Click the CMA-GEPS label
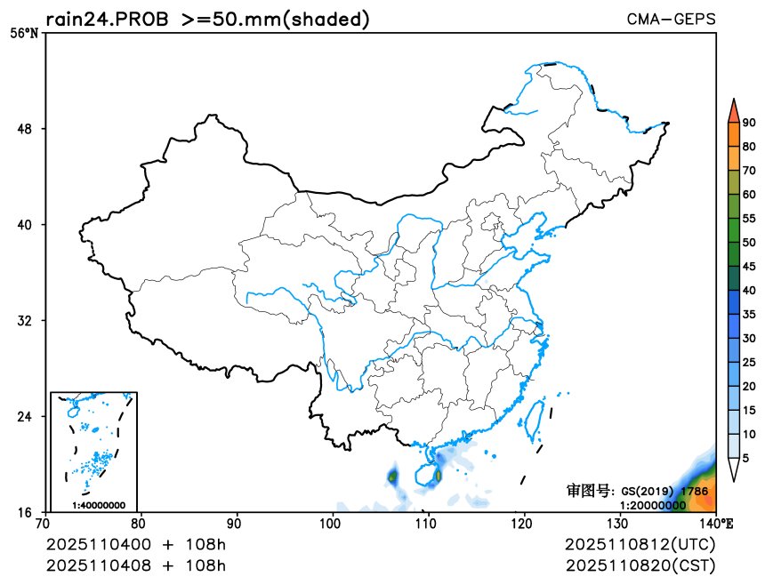tap(671, 19)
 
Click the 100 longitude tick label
tap(334, 524)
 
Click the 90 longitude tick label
tap(237, 524)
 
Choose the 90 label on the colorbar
tap(749, 123)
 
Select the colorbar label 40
tap(749, 290)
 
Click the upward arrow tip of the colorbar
tap(733, 101)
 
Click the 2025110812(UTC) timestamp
tap(640, 544)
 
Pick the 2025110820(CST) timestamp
tap(640, 565)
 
